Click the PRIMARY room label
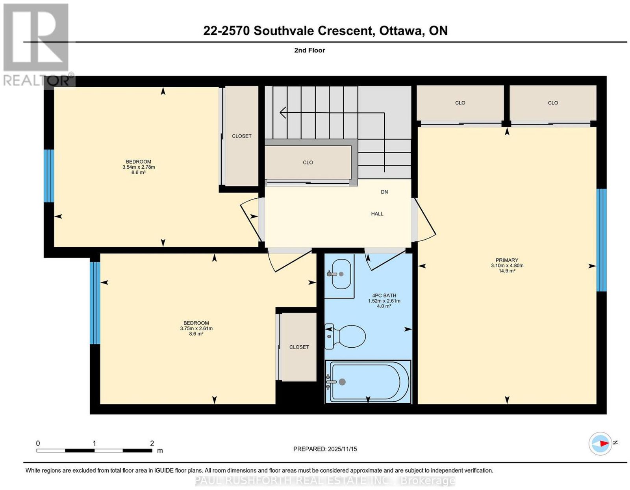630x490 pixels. pos(506,260)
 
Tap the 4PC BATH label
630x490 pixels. pos(384,295)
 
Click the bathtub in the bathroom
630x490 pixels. pos(368,381)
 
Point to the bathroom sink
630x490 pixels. pos(341,274)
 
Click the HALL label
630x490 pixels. pos(377,214)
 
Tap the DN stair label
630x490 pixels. pos(384,192)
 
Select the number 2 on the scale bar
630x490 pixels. pos(152,443)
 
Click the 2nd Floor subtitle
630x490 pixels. pos(309,50)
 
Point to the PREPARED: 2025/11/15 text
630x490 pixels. pos(325,449)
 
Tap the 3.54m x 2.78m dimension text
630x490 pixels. pos(139,167)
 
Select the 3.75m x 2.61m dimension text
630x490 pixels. pos(196,328)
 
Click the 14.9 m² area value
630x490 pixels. pos(507,271)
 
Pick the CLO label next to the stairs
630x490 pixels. pos(308,162)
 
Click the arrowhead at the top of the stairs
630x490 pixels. pos(283,112)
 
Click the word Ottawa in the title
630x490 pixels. pos(400,31)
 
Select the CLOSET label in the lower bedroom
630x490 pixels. pos(299,347)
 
